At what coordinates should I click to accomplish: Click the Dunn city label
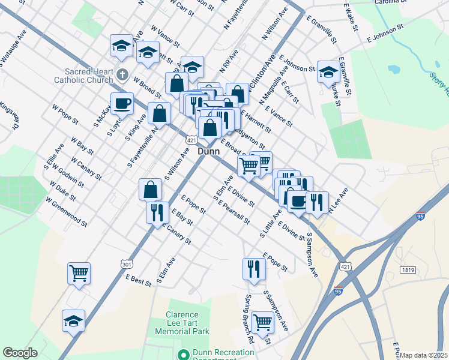(208, 152)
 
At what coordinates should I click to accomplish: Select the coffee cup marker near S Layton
(122, 103)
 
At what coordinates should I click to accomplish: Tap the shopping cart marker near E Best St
(79, 273)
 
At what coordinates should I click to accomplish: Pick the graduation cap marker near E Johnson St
(328, 72)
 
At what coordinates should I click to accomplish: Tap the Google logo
(20, 353)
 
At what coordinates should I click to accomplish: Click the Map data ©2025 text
(424, 355)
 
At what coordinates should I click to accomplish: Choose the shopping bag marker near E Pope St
(150, 189)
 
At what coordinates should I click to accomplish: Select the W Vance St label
(166, 35)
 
